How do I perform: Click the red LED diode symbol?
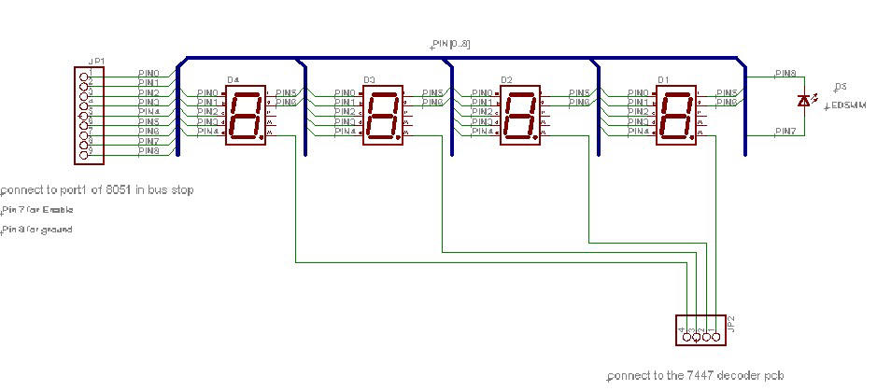[803, 99]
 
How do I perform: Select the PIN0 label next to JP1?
[149, 73]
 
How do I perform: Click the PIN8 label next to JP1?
[149, 150]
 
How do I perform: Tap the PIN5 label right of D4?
[286, 92]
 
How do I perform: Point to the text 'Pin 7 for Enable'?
[38, 210]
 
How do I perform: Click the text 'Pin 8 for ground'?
[38, 230]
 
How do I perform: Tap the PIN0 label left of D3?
[344, 92]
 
